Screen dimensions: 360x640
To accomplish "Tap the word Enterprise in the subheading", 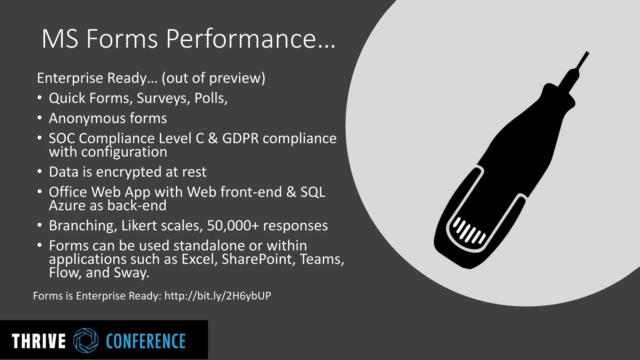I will pos(70,78).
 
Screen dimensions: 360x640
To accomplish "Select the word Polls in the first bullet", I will pos(210,98).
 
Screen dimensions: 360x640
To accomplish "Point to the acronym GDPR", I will pos(240,138).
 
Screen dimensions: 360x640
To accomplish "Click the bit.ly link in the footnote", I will pos(217,296).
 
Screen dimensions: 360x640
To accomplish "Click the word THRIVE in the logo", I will pos(38,341).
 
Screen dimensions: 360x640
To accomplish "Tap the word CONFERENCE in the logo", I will pos(146,341).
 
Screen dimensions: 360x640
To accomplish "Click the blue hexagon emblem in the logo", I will pos(86,341).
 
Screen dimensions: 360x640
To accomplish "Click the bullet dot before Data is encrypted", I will pos(39,172).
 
